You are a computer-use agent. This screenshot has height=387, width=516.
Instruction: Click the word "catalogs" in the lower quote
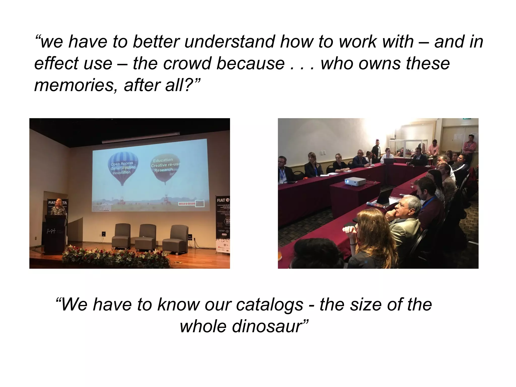[269, 305]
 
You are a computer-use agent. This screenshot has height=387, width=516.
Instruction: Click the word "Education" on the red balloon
[163, 160]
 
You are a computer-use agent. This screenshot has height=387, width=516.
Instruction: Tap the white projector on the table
[355, 181]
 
